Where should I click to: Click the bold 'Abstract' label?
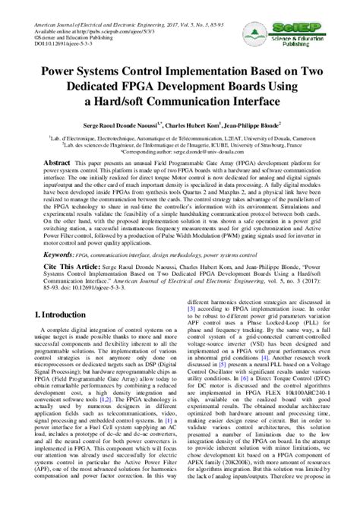coord(57,164)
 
